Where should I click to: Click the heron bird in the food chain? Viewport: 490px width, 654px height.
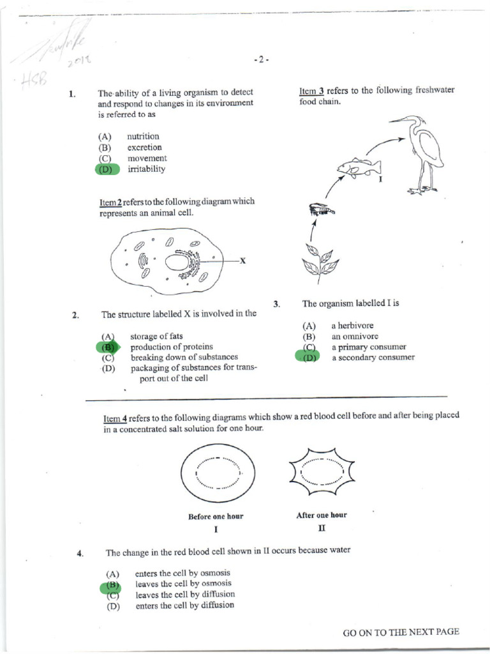point(420,153)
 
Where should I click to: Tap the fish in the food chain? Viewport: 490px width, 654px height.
point(358,168)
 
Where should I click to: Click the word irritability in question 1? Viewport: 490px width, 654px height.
point(146,169)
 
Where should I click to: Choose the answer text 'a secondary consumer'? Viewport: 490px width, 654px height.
point(373,358)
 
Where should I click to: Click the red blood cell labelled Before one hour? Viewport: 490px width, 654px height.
point(215,475)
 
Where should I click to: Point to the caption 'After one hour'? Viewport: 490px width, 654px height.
point(322,515)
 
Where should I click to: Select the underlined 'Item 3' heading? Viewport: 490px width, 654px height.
point(311,91)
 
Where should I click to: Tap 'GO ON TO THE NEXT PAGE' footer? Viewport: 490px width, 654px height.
point(401,632)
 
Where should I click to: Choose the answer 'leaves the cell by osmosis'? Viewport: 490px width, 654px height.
point(184,584)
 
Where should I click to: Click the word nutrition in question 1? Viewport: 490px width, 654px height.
point(143,137)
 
